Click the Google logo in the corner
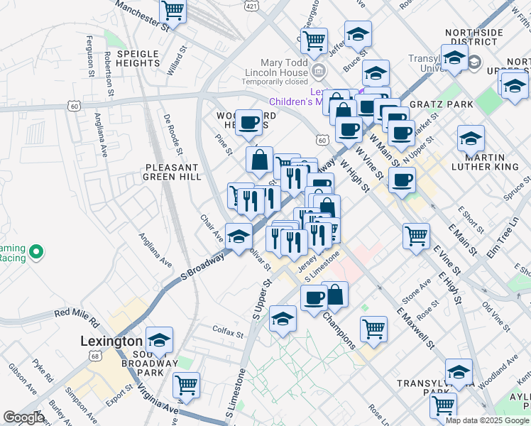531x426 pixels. point(24,417)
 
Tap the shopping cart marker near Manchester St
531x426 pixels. point(173,11)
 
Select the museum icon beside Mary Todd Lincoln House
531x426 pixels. point(318,70)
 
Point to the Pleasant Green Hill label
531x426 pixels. point(173,171)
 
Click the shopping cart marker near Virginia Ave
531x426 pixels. point(186,386)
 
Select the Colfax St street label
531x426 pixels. point(228,330)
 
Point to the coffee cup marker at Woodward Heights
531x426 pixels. point(248,122)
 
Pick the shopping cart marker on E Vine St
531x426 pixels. point(416,236)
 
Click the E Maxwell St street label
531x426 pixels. point(415,329)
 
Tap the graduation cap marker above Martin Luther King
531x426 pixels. point(471,138)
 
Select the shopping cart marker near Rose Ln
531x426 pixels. point(443,405)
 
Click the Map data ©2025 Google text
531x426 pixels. point(487,420)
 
